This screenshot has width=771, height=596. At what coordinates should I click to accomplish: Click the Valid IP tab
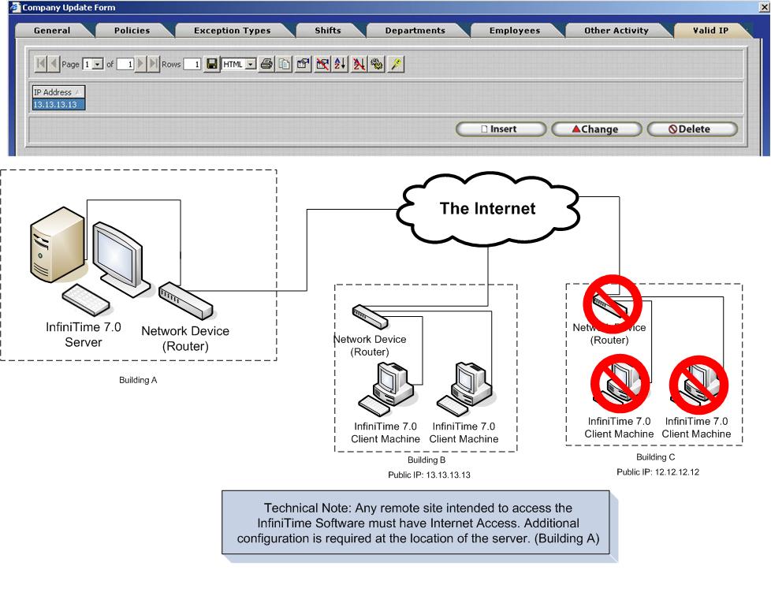[x=710, y=31]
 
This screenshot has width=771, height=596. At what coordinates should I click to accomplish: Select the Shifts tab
[x=328, y=31]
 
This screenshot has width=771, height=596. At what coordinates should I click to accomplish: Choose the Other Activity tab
[x=616, y=31]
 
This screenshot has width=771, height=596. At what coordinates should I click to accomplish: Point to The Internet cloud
[x=487, y=209]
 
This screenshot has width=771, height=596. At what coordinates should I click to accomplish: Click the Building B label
[x=426, y=459]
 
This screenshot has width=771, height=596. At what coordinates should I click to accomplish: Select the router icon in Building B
[x=369, y=315]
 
